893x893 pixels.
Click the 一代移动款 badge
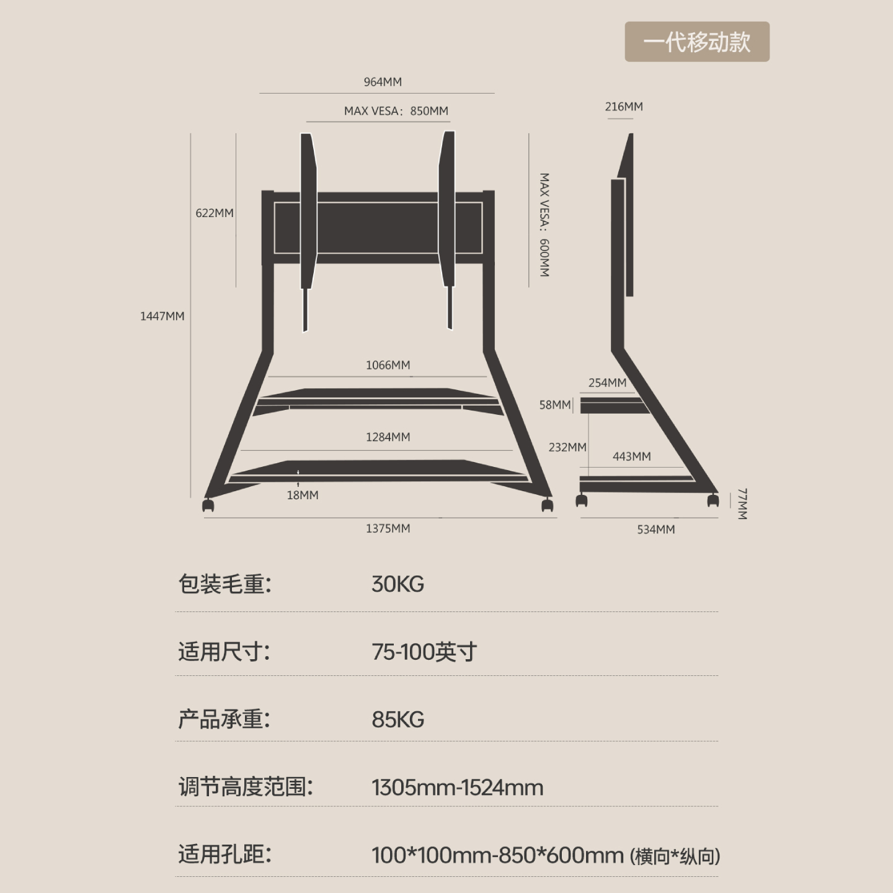click(696, 42)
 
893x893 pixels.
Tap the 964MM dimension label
click(383, 82)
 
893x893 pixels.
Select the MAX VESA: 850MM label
click(396, 111)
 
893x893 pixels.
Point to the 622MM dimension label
click(215, 213)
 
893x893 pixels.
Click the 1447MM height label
click(162, 316)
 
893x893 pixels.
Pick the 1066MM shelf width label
click(388, 365)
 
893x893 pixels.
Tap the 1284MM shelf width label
click(388, 437)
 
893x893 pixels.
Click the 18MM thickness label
click(303, 495)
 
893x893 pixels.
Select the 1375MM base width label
click(388, 528)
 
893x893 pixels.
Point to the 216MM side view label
click(624, 107)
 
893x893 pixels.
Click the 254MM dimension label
click(607, 383)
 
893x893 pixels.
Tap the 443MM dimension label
click(631, 456)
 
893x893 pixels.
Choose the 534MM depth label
click(655, 529)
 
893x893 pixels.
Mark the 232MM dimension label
click(567, 447)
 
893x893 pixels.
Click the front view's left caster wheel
click(208, 505)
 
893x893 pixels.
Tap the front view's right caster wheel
click(547, 505)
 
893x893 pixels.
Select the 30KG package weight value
click(398, 584)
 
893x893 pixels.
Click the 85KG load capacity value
click(398, 719)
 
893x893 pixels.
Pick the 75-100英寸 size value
click(424, 652)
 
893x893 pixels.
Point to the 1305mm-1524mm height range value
click(457, 788)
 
